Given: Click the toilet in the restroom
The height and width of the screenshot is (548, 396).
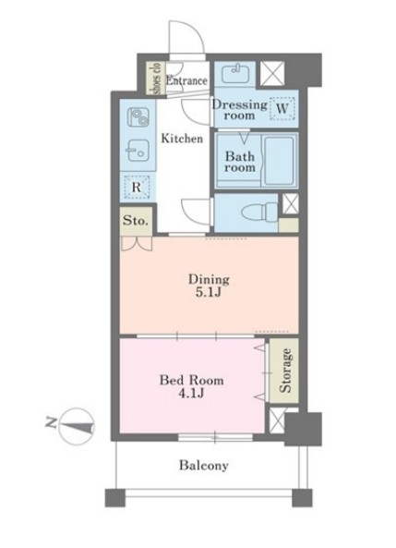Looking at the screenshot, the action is coord(259,213).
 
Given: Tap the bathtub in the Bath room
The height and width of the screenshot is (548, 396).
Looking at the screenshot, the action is coord(279,161).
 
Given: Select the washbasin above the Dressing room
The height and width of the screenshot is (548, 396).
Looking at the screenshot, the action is coord(236,73).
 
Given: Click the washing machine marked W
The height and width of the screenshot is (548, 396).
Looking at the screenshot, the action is coord(282,108).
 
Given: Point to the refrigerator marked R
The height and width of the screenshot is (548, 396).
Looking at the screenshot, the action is coord(137,187).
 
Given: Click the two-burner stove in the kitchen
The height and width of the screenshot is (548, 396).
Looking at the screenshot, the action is coord(138,117).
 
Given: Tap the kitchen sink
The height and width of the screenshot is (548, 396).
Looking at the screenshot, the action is coord(138,151).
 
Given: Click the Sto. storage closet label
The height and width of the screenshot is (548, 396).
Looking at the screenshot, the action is coord(136,221).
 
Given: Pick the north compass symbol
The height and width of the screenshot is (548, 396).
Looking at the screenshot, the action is coord(76,426).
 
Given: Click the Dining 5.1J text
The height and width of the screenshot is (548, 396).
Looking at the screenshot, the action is coord(209,286).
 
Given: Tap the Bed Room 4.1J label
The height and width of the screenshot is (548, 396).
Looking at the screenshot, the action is coord(191,386).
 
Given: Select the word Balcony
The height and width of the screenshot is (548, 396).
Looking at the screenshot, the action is coord(204,466).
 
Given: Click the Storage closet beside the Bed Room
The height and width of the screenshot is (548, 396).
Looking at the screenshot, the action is coord(284,371).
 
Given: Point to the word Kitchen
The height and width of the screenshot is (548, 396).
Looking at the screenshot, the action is coord(182,139).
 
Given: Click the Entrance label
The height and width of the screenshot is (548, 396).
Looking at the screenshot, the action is coord(186,80).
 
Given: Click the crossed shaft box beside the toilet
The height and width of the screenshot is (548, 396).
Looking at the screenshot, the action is coord(290,203).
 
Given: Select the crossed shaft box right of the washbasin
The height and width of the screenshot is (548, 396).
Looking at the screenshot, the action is coord(272,73).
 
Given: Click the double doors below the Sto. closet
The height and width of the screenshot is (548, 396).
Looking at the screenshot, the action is coord(137,244).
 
